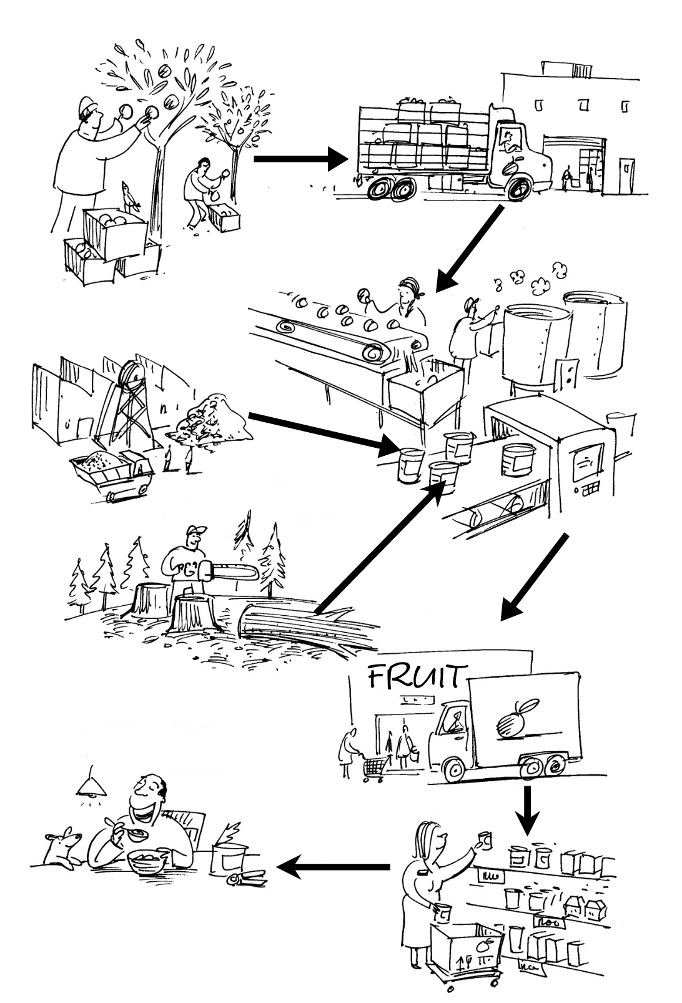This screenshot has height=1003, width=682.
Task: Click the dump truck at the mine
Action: pos(112,473)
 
